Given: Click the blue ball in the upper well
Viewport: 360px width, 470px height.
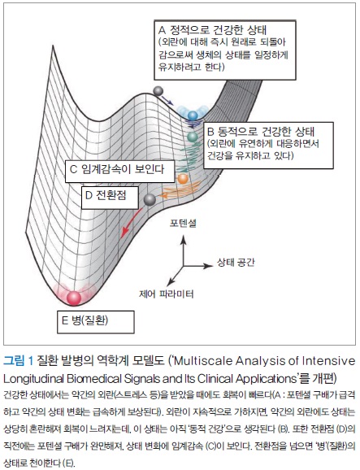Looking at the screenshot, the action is (x=193, y=115).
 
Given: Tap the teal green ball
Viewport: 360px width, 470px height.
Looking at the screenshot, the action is (x=193, y=137).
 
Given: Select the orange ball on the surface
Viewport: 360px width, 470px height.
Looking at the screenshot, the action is (x=182, y=179).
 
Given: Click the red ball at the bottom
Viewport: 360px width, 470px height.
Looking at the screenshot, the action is (x=74, y=298).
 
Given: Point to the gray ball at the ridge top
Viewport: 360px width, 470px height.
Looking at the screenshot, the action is (x=158, y=91).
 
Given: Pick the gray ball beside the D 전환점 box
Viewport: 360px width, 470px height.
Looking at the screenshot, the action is (x=150, y=200).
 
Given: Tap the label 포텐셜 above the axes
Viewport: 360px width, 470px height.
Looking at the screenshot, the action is (x=183, y=224).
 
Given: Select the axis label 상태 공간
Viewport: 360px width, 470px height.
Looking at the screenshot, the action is (x=236, y=263).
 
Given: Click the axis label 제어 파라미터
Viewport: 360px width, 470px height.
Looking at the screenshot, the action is (x=167, y=294).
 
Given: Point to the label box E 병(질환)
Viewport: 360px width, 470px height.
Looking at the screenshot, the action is (x=96, y=322).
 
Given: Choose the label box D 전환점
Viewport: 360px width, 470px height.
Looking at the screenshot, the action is (x=110, y=198).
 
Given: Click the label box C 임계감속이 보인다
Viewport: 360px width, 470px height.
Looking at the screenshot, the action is (x=119, y=171).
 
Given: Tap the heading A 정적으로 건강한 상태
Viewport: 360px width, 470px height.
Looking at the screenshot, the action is (x=212, y=30).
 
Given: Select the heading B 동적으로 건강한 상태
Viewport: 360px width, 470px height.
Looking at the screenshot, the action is (x=261, y=132).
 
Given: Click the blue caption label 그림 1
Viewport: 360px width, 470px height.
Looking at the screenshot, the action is (x=18, y=360).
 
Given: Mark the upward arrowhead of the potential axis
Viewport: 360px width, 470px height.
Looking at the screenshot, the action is (x=184, y=239).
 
